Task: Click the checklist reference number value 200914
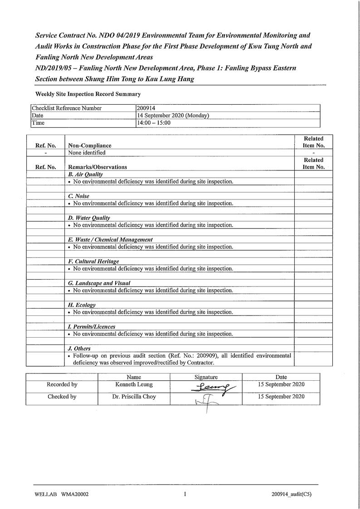(146, 108)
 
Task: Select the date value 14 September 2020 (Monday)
(173, 116)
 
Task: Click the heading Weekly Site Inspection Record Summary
(88, 94)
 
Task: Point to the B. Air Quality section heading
(85, 174)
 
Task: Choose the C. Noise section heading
(78, 196)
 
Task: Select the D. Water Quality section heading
(89, 218)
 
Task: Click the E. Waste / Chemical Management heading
(110, 239)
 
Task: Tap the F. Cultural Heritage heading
(93, 262)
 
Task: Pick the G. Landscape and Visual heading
(99, 283)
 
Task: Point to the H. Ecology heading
(82, 305)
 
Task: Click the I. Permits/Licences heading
(91, 327)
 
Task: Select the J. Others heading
(79, 349)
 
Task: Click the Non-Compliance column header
(90, 145)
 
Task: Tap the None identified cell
(87, 153)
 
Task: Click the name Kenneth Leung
(134, 384)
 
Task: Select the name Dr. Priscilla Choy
(134, 396)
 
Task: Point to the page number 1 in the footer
(185, 494)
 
